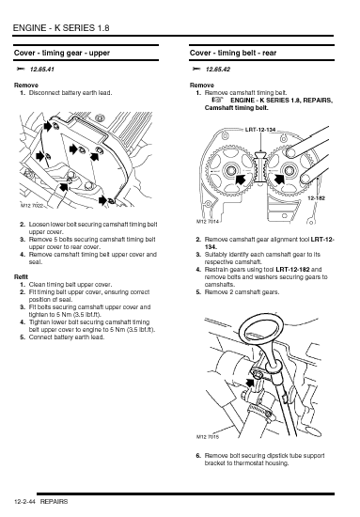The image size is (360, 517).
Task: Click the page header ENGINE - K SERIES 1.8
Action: click(61, 28)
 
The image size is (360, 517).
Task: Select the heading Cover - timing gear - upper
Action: click(62, 53)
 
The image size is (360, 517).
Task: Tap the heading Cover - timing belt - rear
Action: click(233, 53)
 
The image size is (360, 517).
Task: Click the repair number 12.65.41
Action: click(42, 70)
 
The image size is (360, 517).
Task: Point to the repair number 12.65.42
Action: click(217, 70)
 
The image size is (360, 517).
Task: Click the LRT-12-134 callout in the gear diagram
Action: click(260, 130)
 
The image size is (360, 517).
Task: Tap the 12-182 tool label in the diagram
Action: click(316, 198)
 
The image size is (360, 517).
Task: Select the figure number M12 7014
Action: click(208, 222)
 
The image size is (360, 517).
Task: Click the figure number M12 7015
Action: click(208, 437)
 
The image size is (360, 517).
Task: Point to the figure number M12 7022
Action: click(32, 206)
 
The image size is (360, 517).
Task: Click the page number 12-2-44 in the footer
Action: click(24, 502)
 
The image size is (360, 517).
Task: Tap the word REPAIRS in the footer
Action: click(55, 502)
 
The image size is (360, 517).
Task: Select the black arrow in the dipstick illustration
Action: click(251, 383)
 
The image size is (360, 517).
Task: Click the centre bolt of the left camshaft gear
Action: click(230, 171)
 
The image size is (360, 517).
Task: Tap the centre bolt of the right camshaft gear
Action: click(290, 170)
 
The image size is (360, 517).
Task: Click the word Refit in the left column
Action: click(21, 277)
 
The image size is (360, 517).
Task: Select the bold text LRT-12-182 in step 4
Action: click(292, 270)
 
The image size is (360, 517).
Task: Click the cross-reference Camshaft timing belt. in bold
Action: click(236, 108)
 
